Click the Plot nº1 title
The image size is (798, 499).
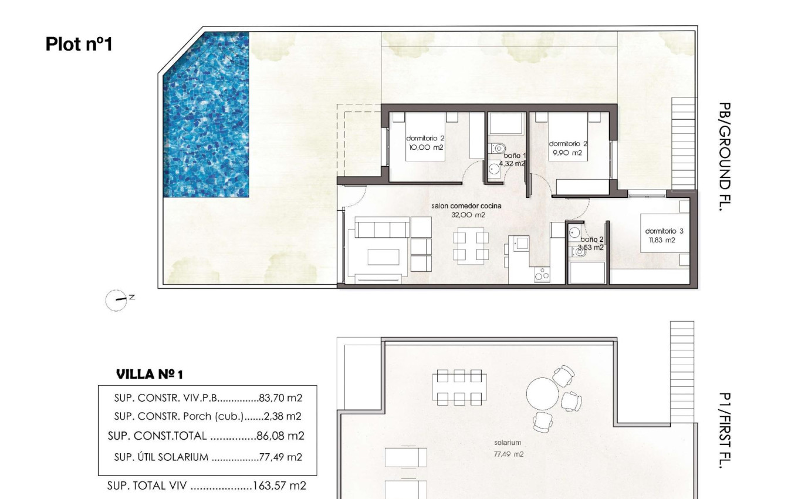coord(79,44)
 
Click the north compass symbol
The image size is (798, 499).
coord(116,299)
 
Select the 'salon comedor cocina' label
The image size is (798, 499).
coord(466,206)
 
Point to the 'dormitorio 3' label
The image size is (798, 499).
coord(664,231)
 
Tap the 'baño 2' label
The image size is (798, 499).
coord(591,239)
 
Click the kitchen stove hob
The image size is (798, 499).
coord(542,275)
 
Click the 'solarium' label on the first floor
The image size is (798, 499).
coord(508,443)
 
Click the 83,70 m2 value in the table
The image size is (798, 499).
coord(280,398)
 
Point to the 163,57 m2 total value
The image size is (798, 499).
coord(279,485)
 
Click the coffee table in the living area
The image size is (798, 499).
coord(383,257)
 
